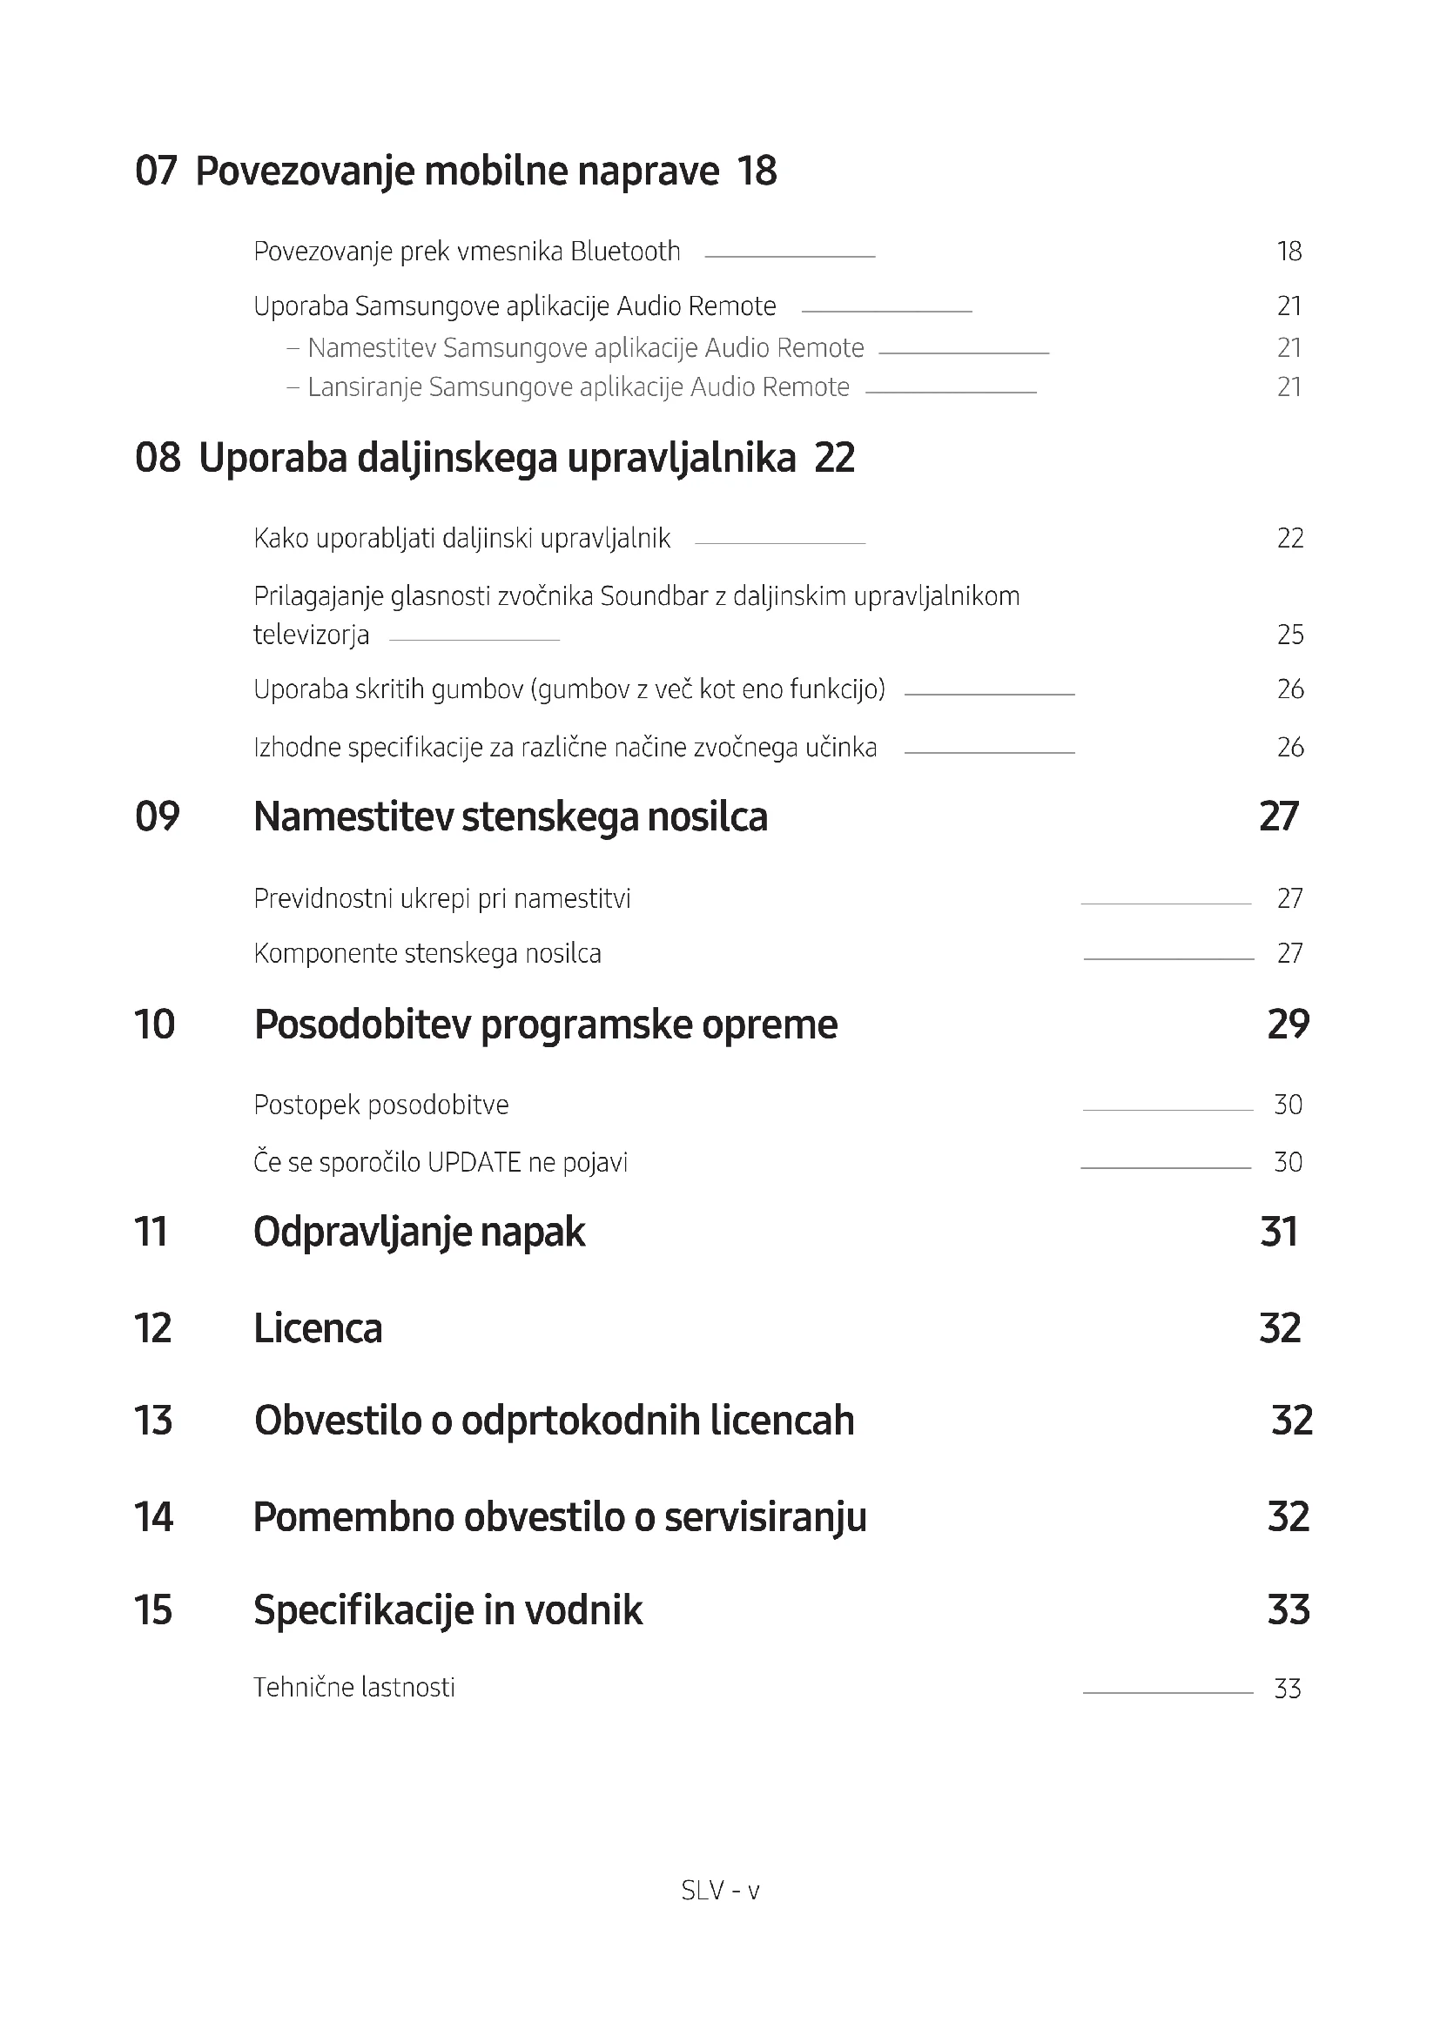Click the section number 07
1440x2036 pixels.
click(156, 171)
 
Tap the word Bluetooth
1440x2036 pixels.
click(625, 252)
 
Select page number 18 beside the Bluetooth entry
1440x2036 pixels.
click(1289, 252)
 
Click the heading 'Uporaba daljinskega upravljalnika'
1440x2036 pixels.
click(496, 459)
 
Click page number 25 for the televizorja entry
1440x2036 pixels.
click(1289, 635)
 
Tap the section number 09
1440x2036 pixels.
click(157, 816)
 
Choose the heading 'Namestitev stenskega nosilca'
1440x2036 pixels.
click(510, 816)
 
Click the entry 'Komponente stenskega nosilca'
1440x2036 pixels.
click(427, 954)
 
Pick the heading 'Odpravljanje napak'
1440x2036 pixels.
click(419, 1232)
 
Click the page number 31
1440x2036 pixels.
click(1279, 1232)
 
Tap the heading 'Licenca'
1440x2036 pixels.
click(318, 1328)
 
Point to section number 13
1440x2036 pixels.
click(153, 1421)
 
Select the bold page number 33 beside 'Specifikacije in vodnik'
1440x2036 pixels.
click(1288, 1609)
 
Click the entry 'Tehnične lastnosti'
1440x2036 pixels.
click(353, 1688)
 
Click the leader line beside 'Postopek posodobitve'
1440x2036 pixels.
click(1167, 1110)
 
